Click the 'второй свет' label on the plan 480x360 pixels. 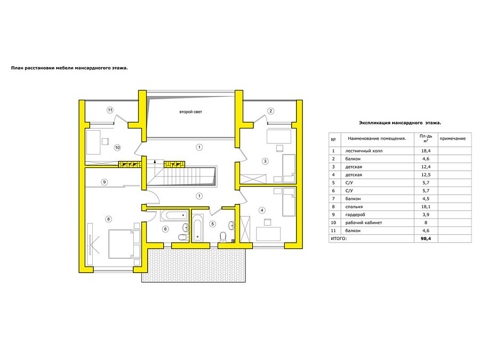coord(190,112)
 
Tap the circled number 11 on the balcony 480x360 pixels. coord(110,110)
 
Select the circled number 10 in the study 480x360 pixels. coord(117,148)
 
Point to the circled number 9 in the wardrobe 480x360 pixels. coord(105,182)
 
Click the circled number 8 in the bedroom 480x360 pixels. coord(108,219)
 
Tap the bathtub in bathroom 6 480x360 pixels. coord(174,215)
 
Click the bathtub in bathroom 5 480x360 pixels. coord(197,227)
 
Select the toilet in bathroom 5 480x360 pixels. coord(223,237)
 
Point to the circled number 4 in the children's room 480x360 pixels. coord(262,210)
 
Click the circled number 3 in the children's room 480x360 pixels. coord(265,161)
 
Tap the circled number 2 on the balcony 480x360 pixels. coord(270,111)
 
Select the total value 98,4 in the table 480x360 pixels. coord(426,238)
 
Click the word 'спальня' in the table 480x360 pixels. coord(354,206)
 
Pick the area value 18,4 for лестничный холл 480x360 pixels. coord(426,151)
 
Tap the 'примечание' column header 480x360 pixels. coord(452,139)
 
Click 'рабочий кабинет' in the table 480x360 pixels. coord(364,222)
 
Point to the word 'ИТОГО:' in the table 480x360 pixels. coord(339,238)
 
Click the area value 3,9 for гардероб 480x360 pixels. coord(426,214)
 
